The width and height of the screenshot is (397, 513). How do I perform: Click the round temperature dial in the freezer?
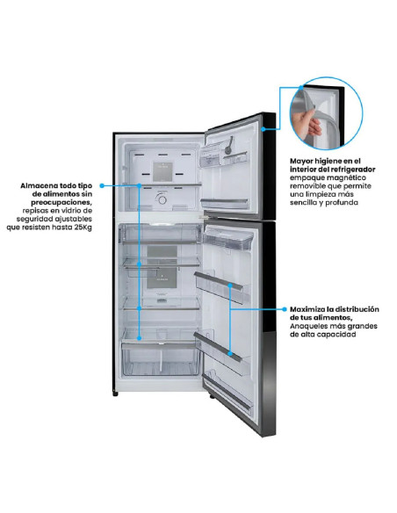(162, 199)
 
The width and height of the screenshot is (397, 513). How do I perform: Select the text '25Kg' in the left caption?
(83, 228)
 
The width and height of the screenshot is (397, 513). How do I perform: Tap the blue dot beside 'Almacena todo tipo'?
(102, 185)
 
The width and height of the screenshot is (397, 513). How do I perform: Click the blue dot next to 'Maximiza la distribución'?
(285, 309)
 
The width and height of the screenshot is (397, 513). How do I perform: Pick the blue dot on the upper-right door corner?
(263, 129)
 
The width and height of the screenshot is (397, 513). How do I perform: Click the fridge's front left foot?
(115, 394)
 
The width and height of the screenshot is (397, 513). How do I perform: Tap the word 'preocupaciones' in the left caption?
(61, 203)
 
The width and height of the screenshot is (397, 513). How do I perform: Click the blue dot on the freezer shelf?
(139, 185)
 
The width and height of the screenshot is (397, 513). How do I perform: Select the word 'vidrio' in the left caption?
(71, 211)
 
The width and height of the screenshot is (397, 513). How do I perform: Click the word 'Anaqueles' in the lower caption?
(306, 326)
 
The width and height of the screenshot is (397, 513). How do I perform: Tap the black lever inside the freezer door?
(229, 145)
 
